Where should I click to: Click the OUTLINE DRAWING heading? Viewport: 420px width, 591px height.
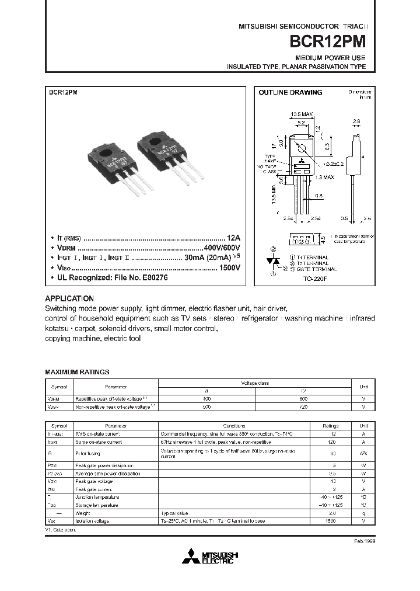coord(290,92)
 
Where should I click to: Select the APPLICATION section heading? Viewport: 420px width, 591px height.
coord(69,298)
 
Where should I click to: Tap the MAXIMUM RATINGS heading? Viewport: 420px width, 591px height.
coord(77,371)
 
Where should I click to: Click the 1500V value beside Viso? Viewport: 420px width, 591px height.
coord(229,267)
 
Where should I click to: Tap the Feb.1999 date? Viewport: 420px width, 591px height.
coord(365,541)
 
